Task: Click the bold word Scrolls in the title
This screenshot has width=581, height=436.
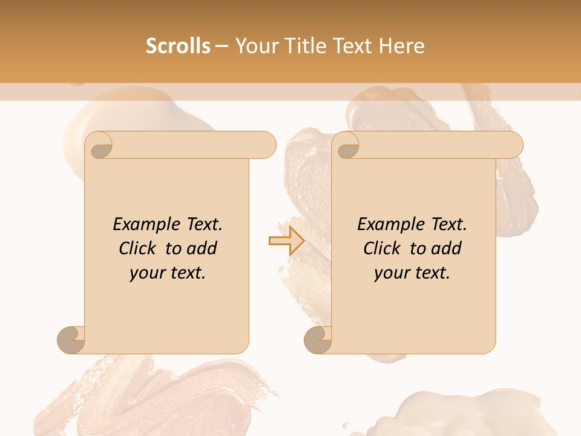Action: [x=178, y=46]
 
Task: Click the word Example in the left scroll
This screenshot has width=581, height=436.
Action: [x=146, y=224]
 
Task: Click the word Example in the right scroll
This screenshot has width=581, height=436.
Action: [x=390, y=224]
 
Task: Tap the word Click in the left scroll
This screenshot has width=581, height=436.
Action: [x=137, y=248]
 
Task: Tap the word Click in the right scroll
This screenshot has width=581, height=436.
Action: [x=382, y=248]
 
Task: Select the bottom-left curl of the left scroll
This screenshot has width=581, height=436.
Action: [x=71, y=339]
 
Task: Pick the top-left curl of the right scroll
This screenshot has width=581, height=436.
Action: [x=347, y=146]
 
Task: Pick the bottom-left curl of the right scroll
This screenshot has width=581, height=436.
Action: [x=318, y=339]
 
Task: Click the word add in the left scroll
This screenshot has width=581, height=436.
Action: [x=202, y=248]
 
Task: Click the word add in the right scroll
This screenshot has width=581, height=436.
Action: [x=447, y=248]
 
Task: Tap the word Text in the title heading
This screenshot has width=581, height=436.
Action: [x=351, y=46]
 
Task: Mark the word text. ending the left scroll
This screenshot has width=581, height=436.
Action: [x=186, y=273]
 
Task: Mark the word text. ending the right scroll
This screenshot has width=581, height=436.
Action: [x=431, y=273]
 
